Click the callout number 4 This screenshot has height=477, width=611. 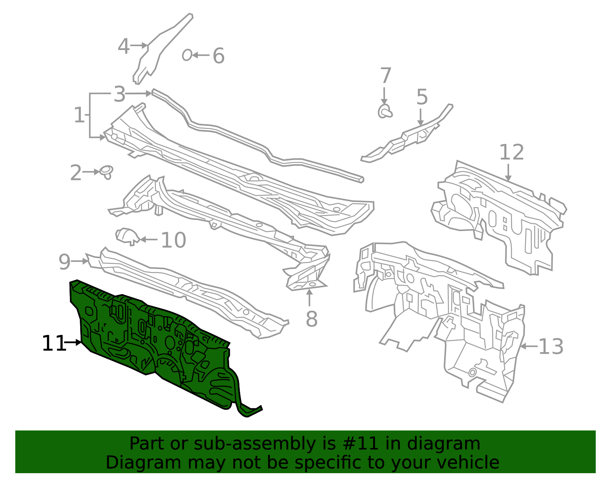pyautogui.click(x=124, y=46)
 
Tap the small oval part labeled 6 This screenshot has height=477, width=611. pyautogui.click(x=187, y=55)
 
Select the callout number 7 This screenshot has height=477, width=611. pyautogui.click(x=385, y=75)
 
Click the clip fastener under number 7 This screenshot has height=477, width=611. pyautogui.click(x=385, y=111)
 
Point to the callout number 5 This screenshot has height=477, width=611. pyautogui.click(x=422, y=97)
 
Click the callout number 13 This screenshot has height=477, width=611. pyautogui.click(x=551, y=346)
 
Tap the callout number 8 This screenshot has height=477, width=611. pyautogui.click(x=312, y=319)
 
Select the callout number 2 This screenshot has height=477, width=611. pyautogui.click(x=76, y=173)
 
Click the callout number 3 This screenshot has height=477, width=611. pyautogui.click(x=120, y=94)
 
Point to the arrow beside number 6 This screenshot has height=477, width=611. pyautogui.click(x=201, y=55)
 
